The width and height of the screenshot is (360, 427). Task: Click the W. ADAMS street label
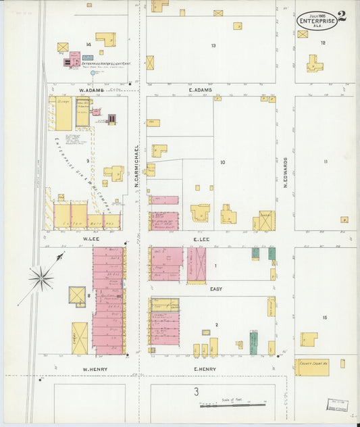tap(89, 89)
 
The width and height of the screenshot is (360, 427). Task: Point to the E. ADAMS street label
tap(201, 89)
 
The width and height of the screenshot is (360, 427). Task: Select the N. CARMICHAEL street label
tap(136, 166)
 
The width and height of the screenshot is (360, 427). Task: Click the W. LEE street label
tap(91, 238)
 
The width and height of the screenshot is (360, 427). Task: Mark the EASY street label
tap(215, 288)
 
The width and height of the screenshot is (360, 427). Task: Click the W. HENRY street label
tap(91, 368)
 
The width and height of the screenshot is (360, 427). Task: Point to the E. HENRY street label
tap(203, 368)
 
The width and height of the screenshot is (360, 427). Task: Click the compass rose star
tap(42, 277)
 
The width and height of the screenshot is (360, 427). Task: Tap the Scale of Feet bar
tap(232, 405)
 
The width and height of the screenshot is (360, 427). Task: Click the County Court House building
tap(311, 367)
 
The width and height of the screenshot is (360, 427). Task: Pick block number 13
tap(213, 45)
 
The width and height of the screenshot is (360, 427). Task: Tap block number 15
tap(324, 318)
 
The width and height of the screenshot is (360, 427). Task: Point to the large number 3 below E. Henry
tap(197, 391)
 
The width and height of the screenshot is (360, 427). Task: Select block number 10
tap(222, 162)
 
